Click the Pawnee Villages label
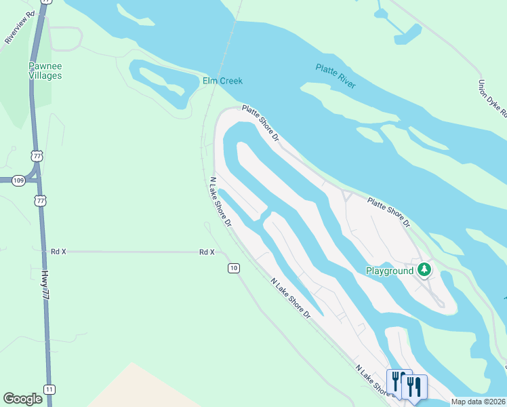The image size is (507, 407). coord(45,71)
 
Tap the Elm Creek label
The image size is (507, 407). coord(222,81)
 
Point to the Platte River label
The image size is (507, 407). coord(336,75)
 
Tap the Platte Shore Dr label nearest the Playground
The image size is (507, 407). coord(389,212)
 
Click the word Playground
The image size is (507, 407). coord(390,271)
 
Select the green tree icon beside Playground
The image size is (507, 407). coord(424,271)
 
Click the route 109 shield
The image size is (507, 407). coord(18,180)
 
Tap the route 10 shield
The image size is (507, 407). coord(233,268)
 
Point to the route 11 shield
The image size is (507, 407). coord(49,389)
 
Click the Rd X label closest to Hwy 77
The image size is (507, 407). coord(59,251)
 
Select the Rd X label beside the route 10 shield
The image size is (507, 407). coord(207,252)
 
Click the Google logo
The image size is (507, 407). coord(23,399)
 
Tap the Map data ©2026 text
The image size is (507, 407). coord(478,402)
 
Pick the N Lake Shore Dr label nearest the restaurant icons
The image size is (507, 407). coord(373,379)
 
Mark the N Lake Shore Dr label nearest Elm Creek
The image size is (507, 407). coord(220,201)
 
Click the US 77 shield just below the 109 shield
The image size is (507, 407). coord(41,201)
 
